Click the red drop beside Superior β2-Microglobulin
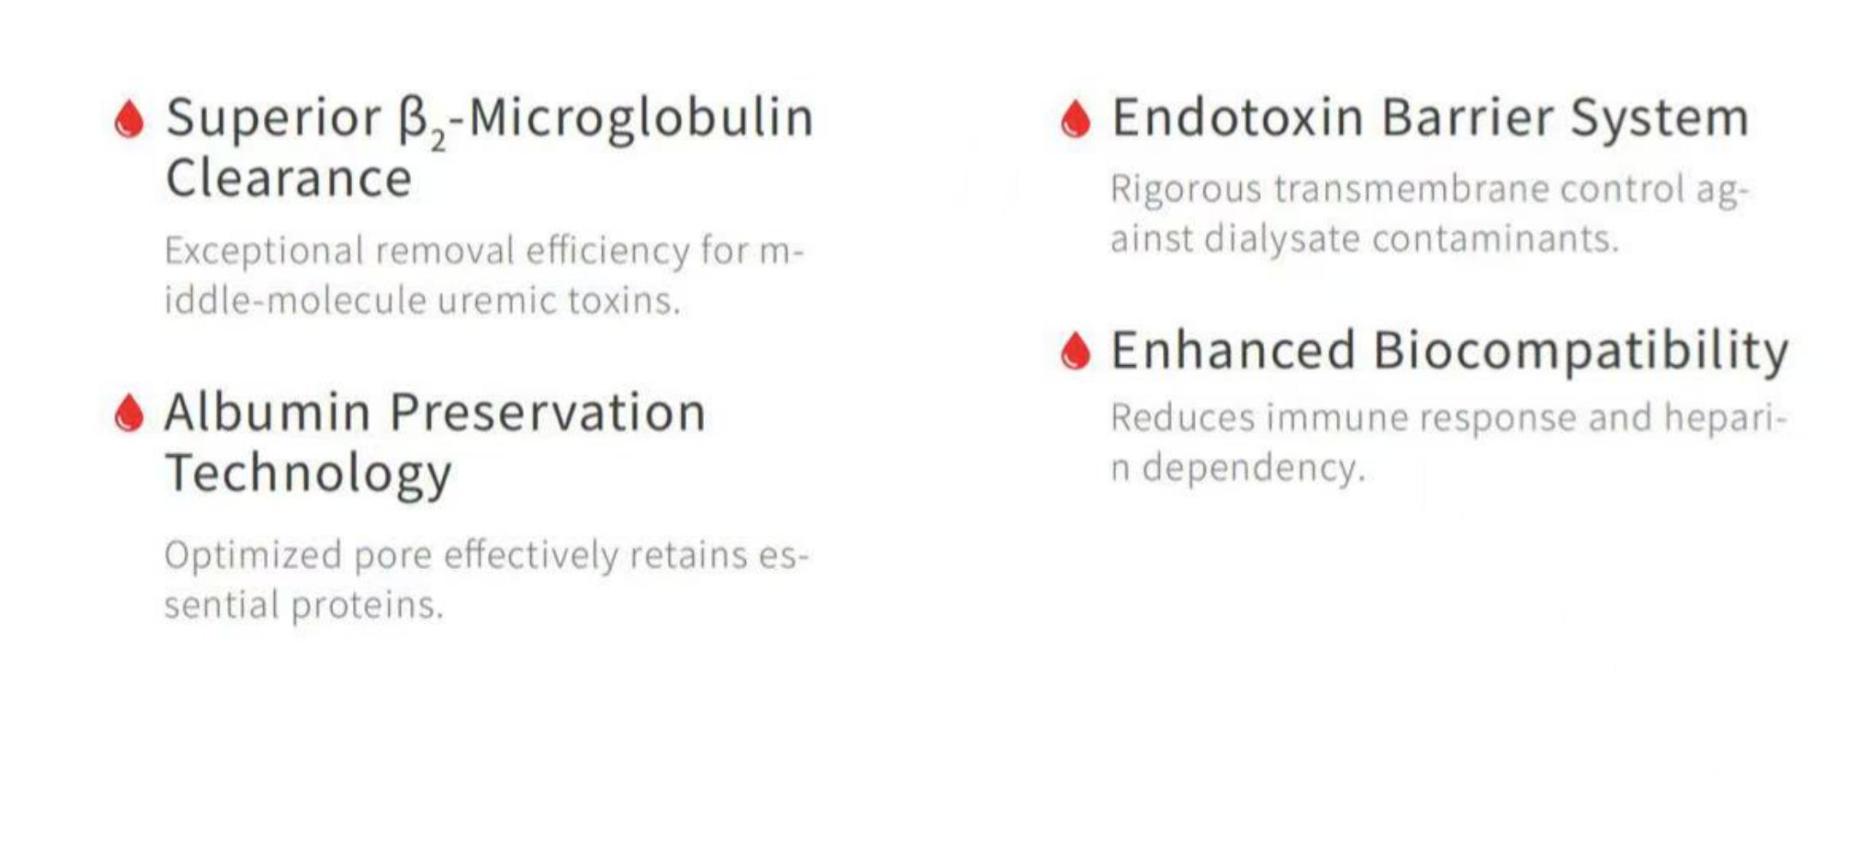click(x=129, y=119)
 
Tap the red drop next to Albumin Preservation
click(x=129, y=414)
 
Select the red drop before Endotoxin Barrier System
click(x=1076, y=119)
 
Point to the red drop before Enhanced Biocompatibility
click(x=1076, y=351)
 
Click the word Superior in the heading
click(x=273, y=119)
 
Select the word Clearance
click(x=289, y=178)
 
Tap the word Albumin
click(x=267, y=412)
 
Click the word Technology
click(x=308, y=474)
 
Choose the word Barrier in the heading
click(x=1467, y=117)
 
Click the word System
click(x=1659, y=119)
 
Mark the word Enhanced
click(x=1233, y=350)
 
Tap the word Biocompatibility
click(x=1581, y=351)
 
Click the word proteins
click(x=367, y=606)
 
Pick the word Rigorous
click(x=1186, y=189)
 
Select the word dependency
click(x=1254, y=469)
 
